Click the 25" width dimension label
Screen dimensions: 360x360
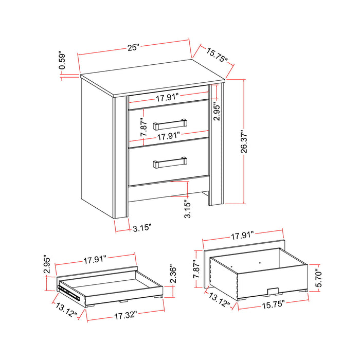(x=134, y=47)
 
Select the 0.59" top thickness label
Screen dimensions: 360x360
(x=62, y=60)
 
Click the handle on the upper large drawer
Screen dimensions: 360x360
(x=170, y=122)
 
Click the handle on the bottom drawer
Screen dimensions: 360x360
(x=170, y=163)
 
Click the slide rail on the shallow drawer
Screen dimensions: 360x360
(x=69, y=292)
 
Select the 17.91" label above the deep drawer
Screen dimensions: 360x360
(x=243, y=237)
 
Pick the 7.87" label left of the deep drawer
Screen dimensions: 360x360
(x=196, y=268)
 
